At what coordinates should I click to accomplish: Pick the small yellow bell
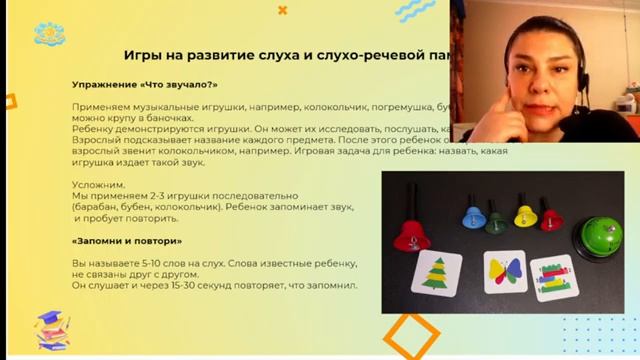tap(523, 216)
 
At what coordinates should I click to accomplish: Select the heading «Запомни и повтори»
tap(127, 242)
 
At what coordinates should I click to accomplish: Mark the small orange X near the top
tap(282, 10)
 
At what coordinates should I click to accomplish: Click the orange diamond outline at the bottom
tap(411, 335)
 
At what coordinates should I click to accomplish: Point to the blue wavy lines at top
tap(414, 11)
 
